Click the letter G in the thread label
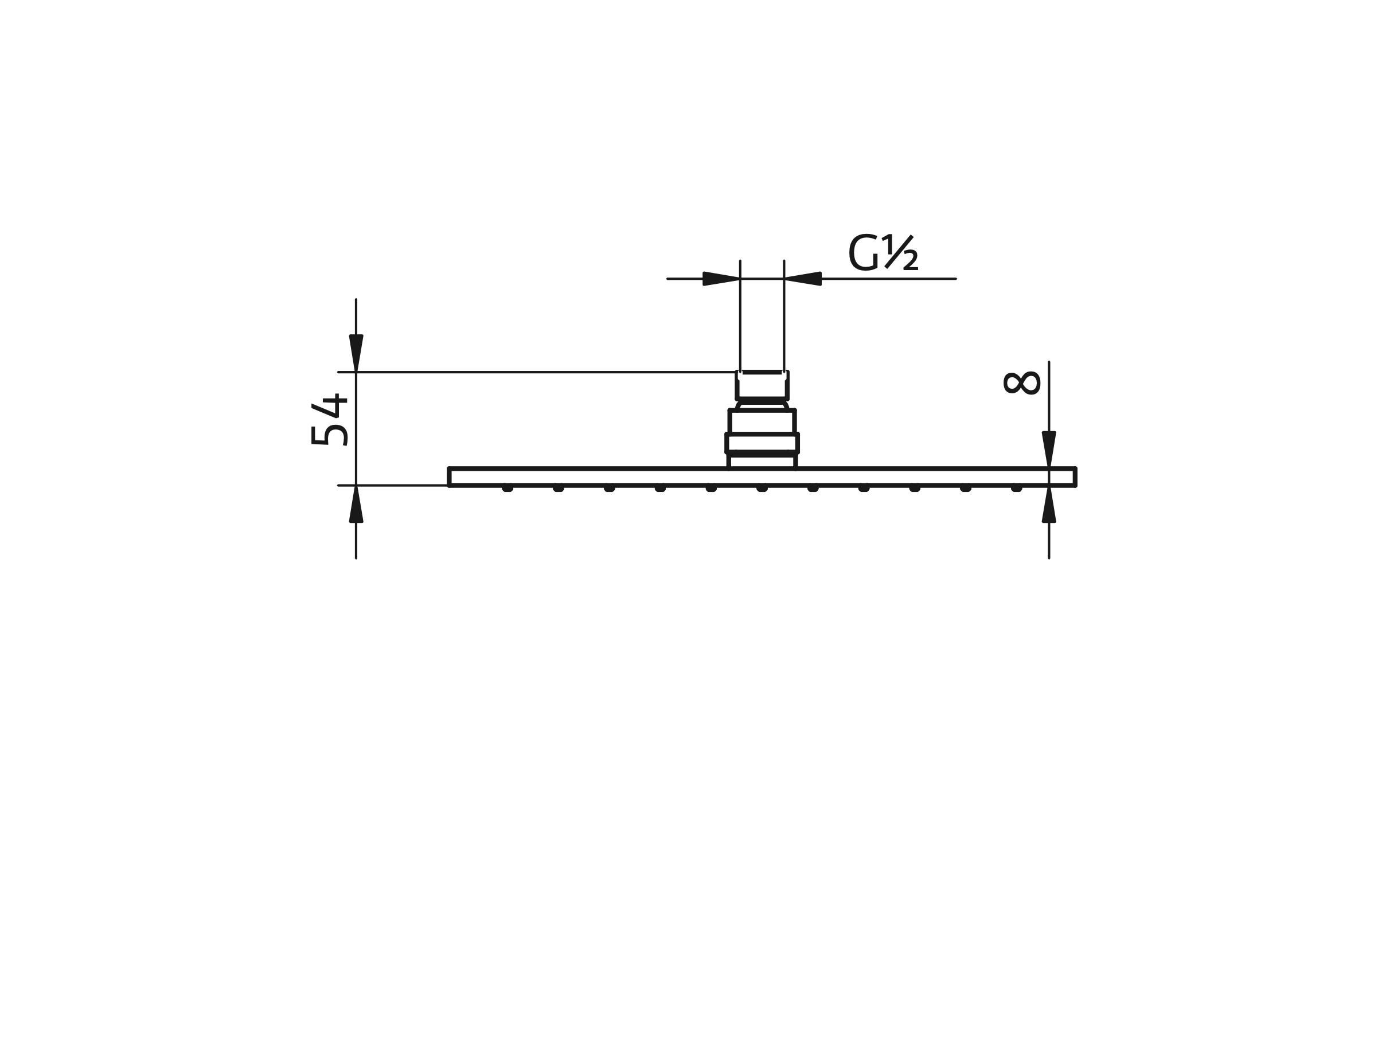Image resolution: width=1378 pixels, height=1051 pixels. click(863, 253)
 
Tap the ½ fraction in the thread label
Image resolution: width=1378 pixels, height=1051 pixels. click(901, 252)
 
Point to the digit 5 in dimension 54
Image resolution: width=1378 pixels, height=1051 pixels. click(329, 434)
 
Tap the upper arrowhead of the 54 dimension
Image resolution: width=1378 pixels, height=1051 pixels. click(356, 353)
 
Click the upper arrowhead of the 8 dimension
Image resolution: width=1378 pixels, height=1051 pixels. click(1049, 448)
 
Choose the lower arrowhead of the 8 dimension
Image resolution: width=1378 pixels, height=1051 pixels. click(1049, 506)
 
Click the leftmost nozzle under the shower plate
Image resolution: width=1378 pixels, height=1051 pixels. click(508, 488)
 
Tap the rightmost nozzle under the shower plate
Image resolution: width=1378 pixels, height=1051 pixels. click(1017, 488)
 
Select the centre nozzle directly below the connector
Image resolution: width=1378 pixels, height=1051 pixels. click(762, 488)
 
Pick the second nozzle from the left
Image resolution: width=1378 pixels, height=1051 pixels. click(559, 488)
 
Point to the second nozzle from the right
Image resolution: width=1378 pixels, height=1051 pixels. click(966, 488)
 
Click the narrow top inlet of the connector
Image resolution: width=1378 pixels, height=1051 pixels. click(762, 385)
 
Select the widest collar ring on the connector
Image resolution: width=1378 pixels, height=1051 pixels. click(762, 443)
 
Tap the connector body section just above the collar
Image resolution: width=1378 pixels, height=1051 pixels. click(762, 421)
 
